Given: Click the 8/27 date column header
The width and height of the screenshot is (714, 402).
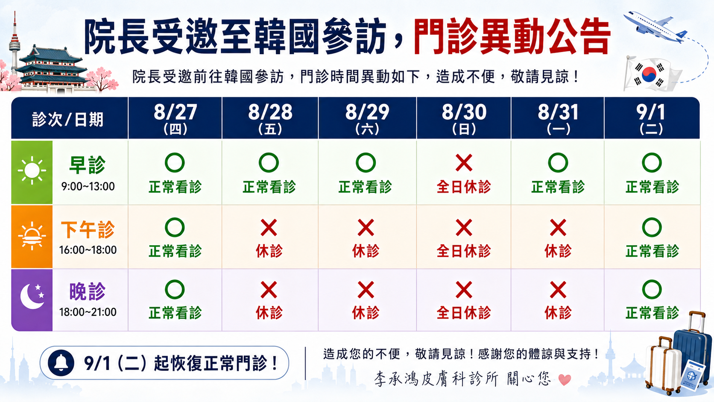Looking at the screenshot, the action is (x=175, y=118).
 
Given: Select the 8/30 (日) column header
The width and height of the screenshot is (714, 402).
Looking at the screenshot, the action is (x=464, y=118).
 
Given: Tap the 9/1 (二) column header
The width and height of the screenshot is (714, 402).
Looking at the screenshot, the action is (x=651, y=118).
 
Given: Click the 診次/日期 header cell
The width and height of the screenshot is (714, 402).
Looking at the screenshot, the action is (x=68, y=119).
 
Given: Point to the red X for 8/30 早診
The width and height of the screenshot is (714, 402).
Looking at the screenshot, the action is (x=464, y=163).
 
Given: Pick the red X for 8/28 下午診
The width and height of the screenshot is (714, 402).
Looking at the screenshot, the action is (x=269, y=228).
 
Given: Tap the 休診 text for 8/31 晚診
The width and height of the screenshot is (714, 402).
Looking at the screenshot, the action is (x=558, y=313).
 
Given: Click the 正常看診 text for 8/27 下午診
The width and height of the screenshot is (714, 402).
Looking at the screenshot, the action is (x=175, y=251).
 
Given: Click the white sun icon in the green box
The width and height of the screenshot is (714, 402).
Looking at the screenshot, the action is (x=32, y=170).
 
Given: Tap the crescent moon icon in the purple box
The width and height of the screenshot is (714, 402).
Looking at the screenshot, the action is (x=32, y=296).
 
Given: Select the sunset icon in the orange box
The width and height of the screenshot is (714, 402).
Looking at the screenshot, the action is (x=32, y=236).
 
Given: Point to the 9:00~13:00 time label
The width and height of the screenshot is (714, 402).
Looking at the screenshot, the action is (x=88, y=186).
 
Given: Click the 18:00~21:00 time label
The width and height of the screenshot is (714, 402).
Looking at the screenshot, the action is (x=88, y=312).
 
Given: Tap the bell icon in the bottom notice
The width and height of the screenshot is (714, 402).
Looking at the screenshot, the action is (x=61, y=363).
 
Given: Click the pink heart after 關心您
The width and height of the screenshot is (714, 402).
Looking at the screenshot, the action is (x=565, y=379).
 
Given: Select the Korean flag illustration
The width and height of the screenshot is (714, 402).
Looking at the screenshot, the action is (x=651, y=74).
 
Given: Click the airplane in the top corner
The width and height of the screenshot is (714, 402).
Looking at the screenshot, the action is (x=655, y=27).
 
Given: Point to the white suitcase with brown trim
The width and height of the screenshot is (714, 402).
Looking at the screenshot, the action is (x=663, y=365).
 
